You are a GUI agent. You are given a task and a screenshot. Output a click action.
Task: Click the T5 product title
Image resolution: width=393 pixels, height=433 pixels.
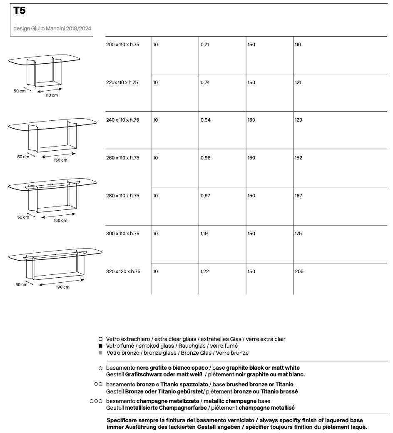click(x=20, y=11)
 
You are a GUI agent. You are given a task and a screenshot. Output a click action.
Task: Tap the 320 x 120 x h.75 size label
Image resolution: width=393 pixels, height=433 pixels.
click(x=123, y=271)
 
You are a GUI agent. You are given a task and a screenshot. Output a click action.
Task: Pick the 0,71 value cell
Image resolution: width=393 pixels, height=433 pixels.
click(x=205, y=45)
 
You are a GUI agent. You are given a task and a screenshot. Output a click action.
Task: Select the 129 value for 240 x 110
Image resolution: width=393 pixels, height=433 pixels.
click(x=298, y=120)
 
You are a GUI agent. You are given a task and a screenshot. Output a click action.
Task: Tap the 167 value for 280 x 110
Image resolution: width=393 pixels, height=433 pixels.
click(x=298, y=196)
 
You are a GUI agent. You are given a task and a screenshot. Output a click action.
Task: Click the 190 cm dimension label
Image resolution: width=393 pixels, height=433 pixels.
click(x=63, y=287)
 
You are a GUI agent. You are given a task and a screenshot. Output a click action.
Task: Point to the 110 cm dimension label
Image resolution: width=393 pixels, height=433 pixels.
click(x=52, y=95)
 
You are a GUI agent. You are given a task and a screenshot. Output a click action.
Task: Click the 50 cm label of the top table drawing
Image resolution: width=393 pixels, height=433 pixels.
click(x=20, y=91)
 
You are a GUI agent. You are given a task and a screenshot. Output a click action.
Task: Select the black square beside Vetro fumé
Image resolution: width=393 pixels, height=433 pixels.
click(x=100, y=346)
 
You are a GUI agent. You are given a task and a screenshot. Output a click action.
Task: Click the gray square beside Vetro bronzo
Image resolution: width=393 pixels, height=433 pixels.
click(x=100, y=353)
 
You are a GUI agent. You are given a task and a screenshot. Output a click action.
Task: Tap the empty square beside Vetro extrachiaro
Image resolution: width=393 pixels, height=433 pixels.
click(x=100, y=339)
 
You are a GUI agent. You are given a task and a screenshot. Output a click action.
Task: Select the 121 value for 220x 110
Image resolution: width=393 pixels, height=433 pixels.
click(x=298, y=82)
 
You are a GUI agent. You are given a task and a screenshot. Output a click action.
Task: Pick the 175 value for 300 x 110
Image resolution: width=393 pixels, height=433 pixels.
click(x=298, y=234)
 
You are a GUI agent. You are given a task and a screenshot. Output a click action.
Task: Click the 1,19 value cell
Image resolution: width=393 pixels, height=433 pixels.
click(x=204, y=234)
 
